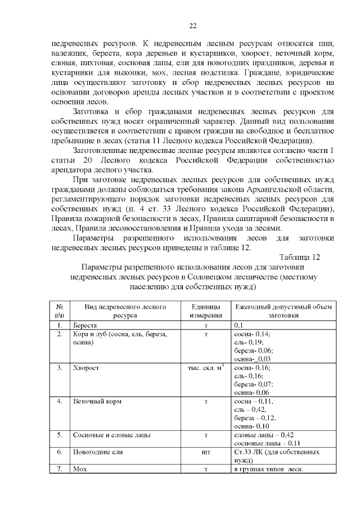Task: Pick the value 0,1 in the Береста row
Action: click(238, 326)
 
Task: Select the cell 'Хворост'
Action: click(84, 368)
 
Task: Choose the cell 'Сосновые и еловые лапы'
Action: click(111, 435)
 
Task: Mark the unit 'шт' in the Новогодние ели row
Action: click(206, 452)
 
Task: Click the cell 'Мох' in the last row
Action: click(78, 469)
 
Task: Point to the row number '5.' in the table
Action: click(59, 435)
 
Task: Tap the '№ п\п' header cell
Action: click(59, 311)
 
